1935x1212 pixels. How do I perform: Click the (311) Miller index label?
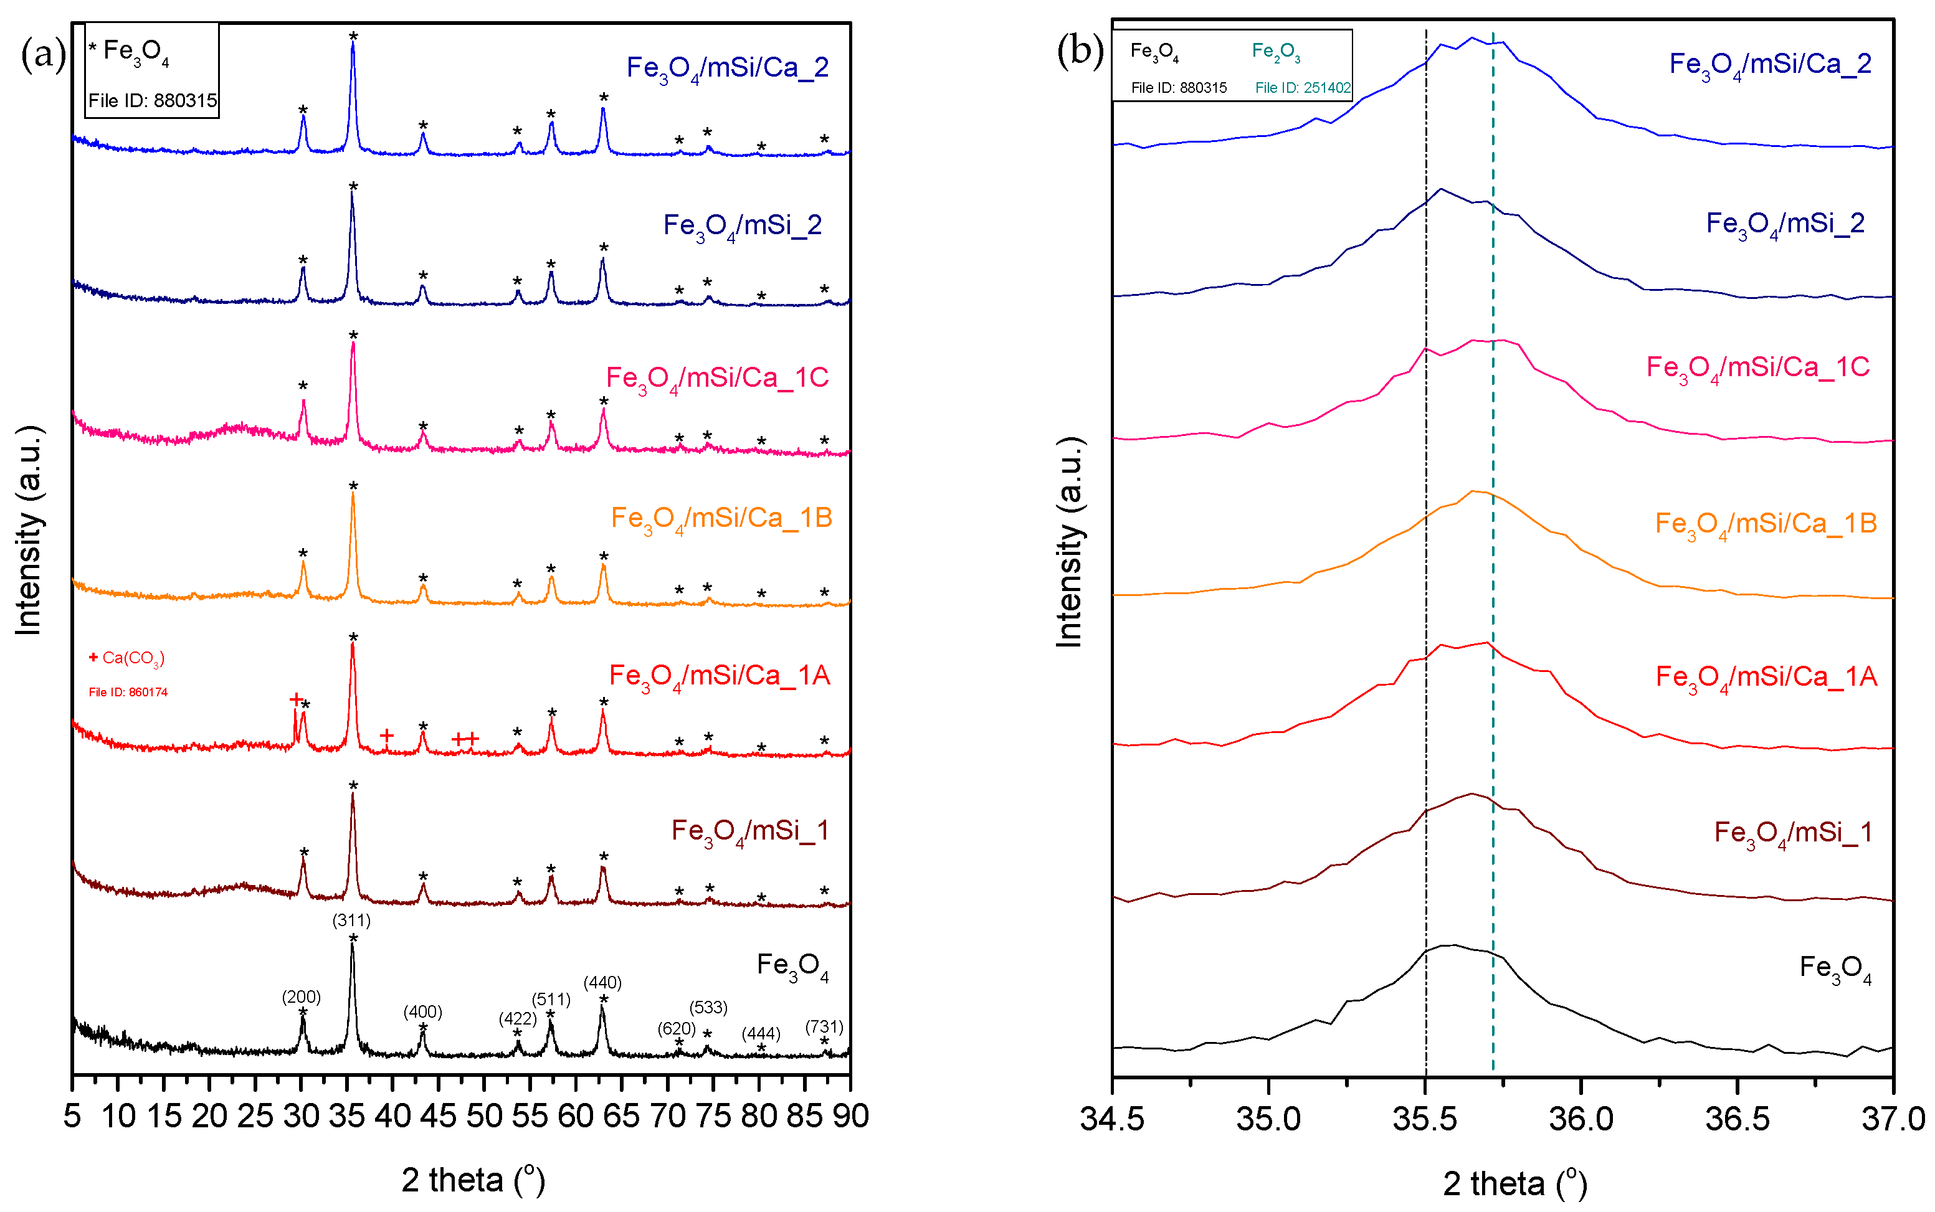(351, 921)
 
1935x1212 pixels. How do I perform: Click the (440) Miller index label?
(602, 982)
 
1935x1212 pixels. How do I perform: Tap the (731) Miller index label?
(824, 1027)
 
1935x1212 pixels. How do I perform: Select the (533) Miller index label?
(708, 1007)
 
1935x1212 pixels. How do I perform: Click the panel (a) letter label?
(42, 55)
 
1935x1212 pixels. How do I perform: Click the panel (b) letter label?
(1080, 51)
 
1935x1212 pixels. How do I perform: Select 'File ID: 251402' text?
(1303, 87)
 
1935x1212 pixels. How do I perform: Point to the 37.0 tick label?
(1893, 1118)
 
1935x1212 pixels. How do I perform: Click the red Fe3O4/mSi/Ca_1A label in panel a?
(719, 676)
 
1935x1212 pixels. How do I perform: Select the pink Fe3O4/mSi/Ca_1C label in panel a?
(716, 378)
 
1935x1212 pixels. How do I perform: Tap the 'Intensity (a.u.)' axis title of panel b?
(1069, 542)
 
